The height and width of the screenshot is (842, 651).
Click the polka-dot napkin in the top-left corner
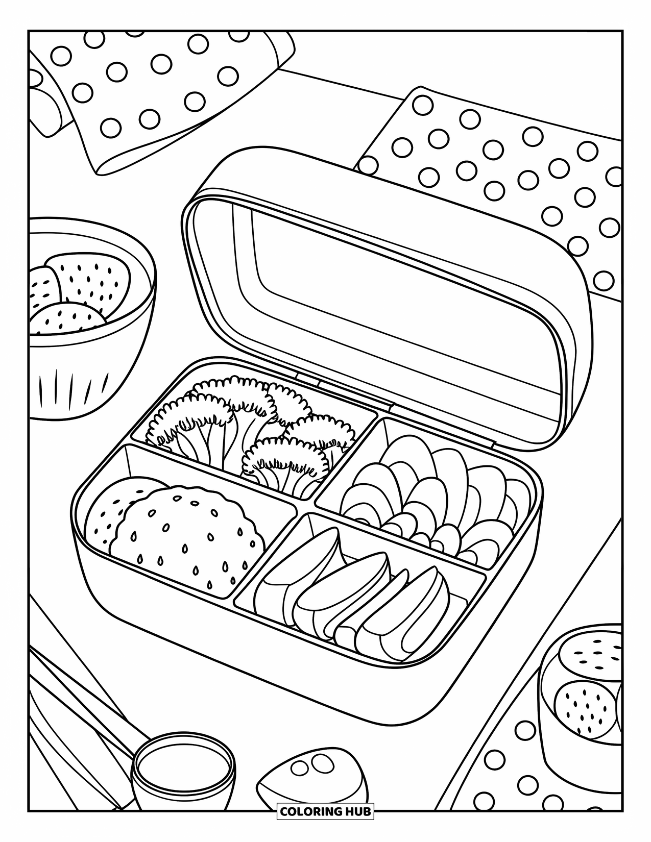[x=153, y=87]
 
